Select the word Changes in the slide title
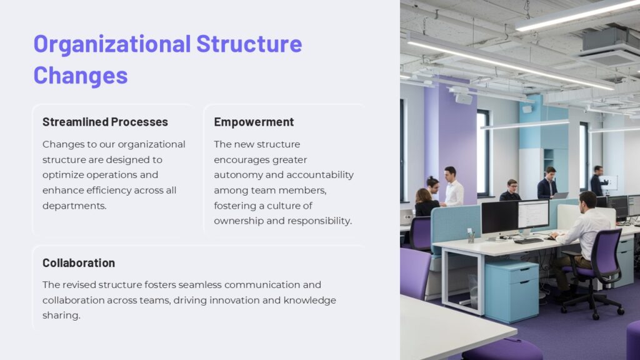(x=81, y=75)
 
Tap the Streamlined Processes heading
(x=105, y=122)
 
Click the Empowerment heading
(x=254, y=122)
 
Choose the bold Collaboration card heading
(x=79, y=262)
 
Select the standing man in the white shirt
(x=452, y=187)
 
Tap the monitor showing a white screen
(x=533, y=214)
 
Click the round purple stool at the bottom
(x=502, y=350)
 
